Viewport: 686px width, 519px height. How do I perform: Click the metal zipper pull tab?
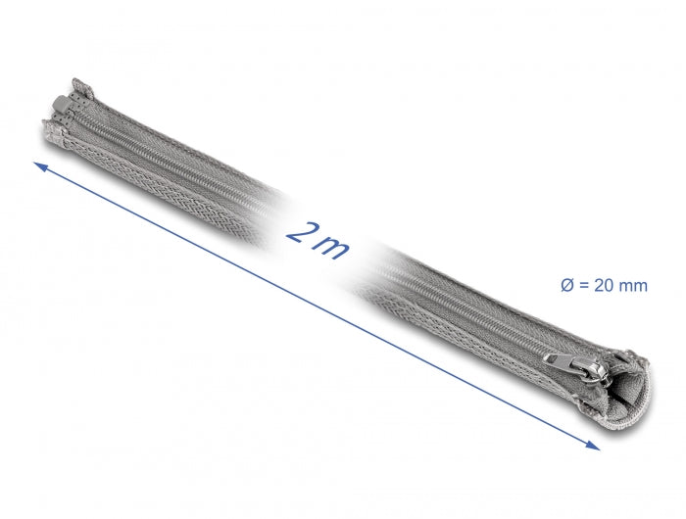pos(559,360)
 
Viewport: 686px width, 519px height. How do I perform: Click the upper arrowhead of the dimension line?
pos(40,165)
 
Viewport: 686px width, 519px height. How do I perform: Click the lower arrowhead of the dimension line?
pos(593,446)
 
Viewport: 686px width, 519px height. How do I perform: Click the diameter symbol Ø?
pos(566,286)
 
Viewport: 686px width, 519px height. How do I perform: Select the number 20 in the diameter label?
pos(603,286)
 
